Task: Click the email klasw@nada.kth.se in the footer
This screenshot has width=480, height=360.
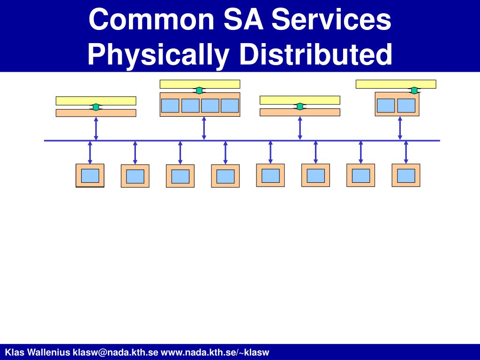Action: [115, 352]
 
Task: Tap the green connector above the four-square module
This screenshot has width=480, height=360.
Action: [199, 90]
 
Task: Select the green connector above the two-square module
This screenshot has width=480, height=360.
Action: [414, 90]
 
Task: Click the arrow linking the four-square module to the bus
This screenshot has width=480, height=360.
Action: [204, 128]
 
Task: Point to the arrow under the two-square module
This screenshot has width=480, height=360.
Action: [400, 128]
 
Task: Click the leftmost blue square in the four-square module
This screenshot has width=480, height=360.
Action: [170, 105]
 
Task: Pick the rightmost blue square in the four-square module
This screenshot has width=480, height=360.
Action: [230, 105]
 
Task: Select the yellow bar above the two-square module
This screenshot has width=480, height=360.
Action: [396, 84]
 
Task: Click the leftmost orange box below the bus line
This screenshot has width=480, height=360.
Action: [90, 175]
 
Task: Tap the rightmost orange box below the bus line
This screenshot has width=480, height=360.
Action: [406, 175]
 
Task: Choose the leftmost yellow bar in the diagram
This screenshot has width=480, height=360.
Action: [96, 100]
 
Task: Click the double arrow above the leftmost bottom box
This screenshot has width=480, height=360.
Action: [90, 152]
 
